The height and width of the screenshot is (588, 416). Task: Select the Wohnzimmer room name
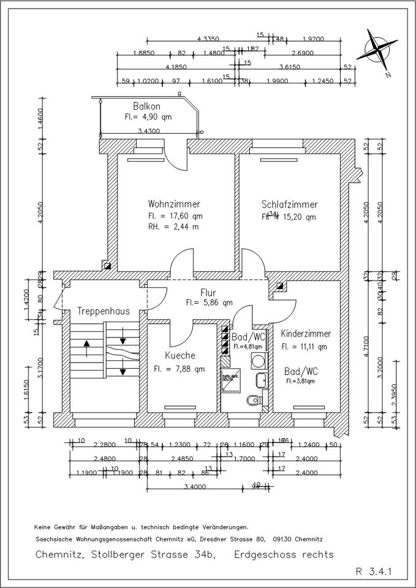click(174, 205)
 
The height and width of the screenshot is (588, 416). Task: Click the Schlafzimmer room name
click(289, 205)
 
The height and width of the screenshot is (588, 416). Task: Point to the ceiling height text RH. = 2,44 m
click(175, 227)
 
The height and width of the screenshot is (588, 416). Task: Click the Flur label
click(209, 293)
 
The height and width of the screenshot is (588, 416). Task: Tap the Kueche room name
click(180, 356)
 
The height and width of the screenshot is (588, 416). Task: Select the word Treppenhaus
click(104, 311)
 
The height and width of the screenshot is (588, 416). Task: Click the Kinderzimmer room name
click(306, 334)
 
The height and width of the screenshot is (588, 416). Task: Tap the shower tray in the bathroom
click(230, 380)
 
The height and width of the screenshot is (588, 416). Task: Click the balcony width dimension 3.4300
click(149, 131)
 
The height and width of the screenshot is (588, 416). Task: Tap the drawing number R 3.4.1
click(374, 573)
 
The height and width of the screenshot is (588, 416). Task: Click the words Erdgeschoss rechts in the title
click(284, 554)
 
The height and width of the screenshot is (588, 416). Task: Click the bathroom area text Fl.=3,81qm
click(300, 381)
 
